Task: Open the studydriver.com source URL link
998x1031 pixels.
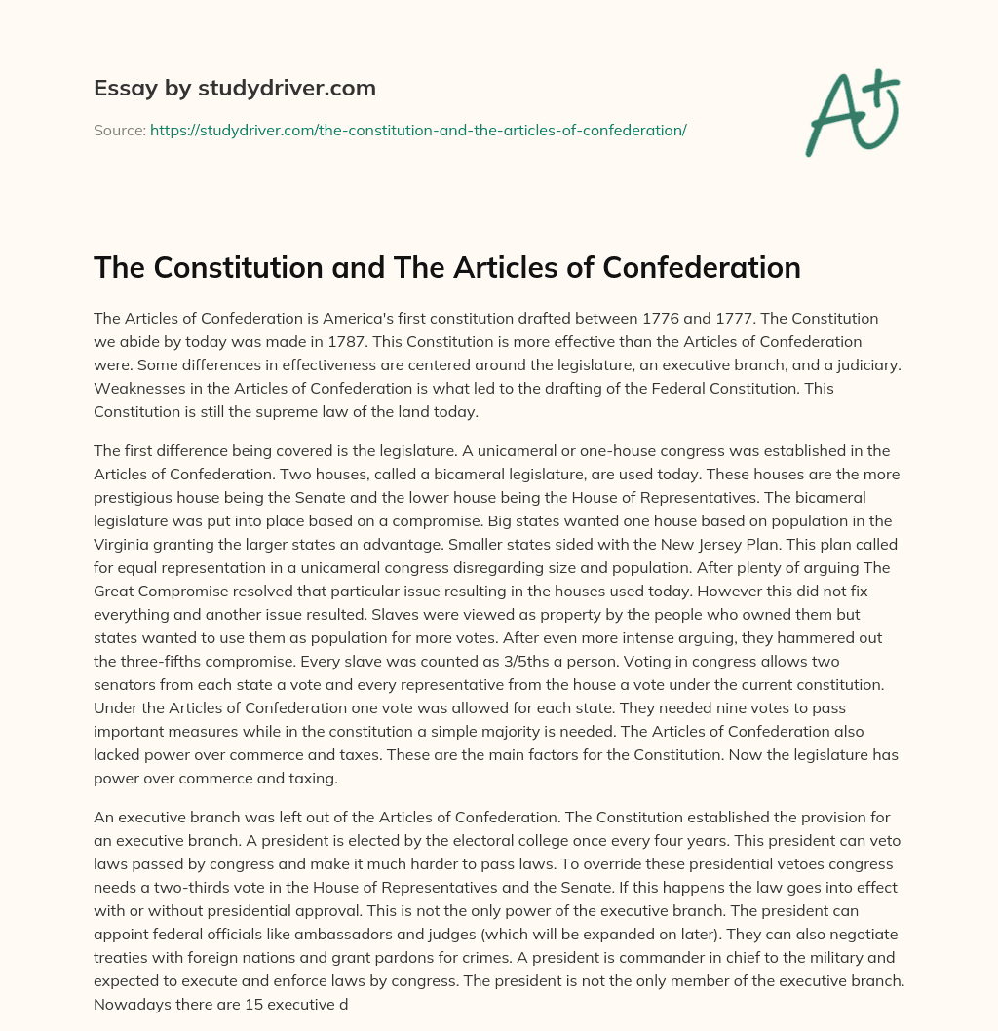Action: pos(418,130)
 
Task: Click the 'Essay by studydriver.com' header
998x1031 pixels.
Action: pos(234,89)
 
